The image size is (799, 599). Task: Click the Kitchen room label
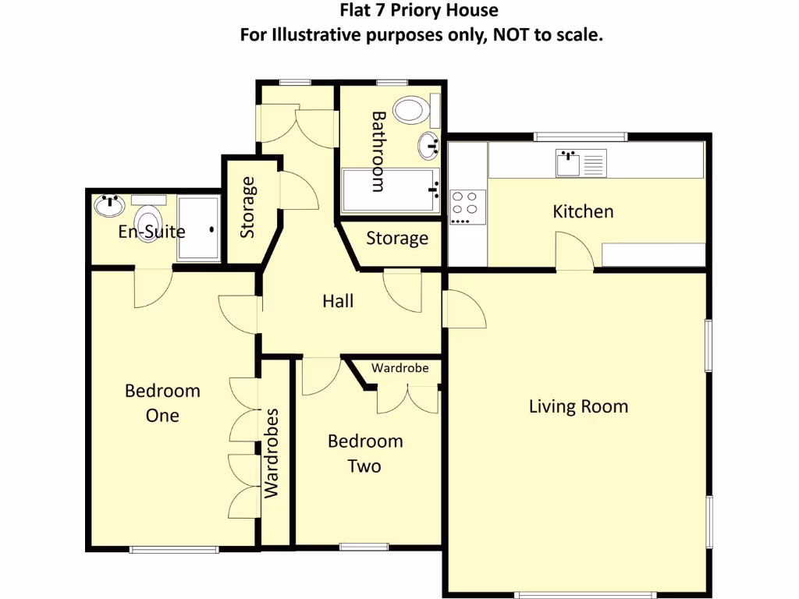(583, 211)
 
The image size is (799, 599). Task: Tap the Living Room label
(578, 406)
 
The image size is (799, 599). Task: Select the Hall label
(338, 301)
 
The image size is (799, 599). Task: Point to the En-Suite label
(151, 232)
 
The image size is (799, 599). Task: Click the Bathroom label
(378, 151)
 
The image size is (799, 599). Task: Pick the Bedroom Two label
(365, 454)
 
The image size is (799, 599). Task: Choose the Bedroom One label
(162, 402)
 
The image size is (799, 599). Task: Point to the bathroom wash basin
(429, 144)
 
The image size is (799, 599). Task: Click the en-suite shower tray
(199, 228)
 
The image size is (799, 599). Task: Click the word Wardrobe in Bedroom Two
(399, 368)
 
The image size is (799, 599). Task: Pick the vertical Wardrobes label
(271, 453)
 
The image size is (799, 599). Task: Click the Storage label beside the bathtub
(397, 238)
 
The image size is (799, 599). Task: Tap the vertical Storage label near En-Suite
(248, 207)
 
